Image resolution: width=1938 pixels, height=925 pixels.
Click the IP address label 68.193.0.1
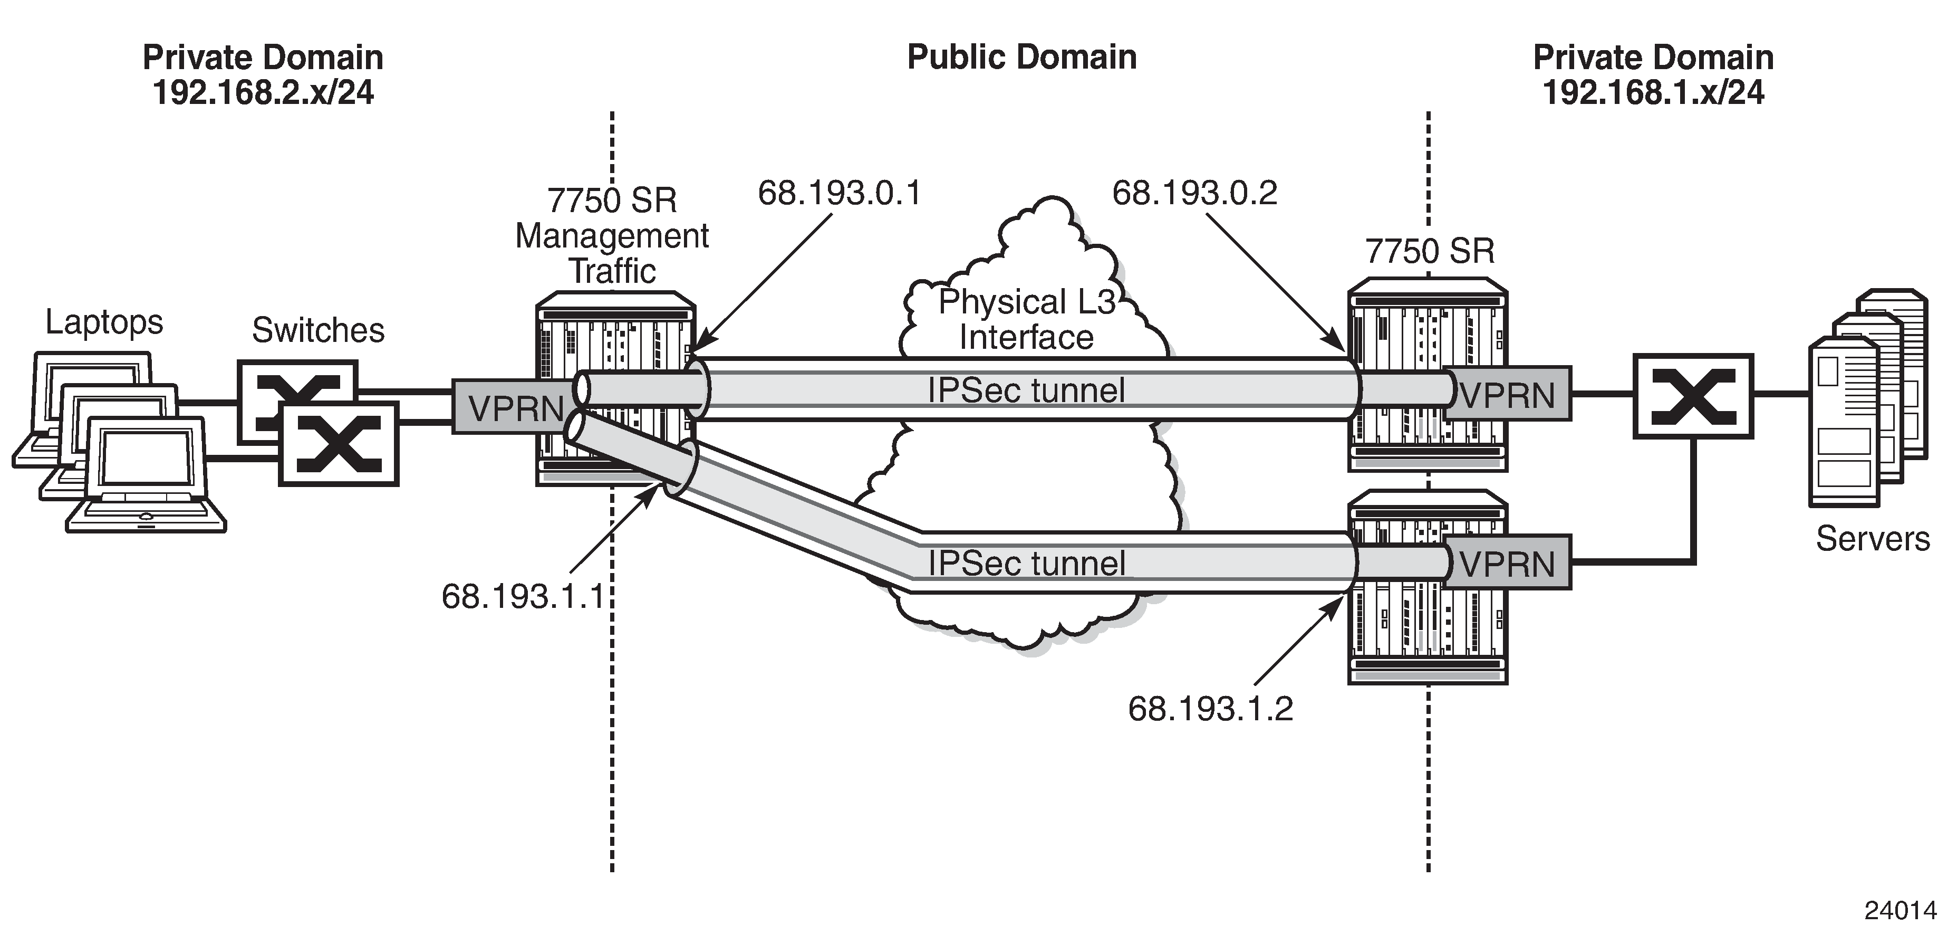tap(839, 194)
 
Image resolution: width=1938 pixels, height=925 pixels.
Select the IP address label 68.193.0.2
tap(1194, 194)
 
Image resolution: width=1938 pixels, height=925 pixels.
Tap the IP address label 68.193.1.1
tap(524, 596)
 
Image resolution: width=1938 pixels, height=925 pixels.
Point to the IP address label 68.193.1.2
tap(1210, 709)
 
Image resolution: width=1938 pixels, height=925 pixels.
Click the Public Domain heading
tap(1021, 57)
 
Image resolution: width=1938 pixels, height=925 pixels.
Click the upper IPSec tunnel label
tap(1026, 390)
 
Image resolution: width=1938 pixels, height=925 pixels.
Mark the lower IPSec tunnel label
tap(1026, 563)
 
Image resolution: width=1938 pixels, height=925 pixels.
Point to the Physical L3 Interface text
tap(1027, 319)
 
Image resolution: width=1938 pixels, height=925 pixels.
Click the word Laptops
tap(104, 322)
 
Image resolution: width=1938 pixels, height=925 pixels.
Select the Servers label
tap(1873, 539)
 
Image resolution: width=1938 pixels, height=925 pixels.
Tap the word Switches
tap(318, 330)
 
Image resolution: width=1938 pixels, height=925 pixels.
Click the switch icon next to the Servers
tap(1693, 396)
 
